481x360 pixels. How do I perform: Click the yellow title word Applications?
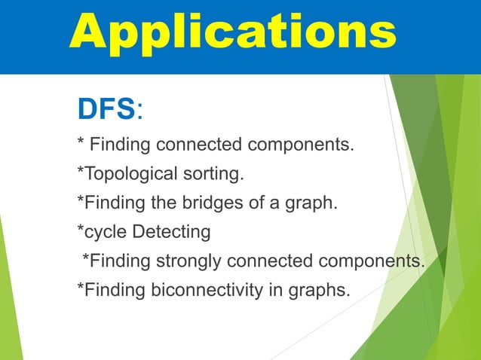pos(233,34)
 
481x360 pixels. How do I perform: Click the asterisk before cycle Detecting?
pos(81,229)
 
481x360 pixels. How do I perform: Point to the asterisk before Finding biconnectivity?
pos(81,287)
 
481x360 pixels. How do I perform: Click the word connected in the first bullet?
pos(194,144)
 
